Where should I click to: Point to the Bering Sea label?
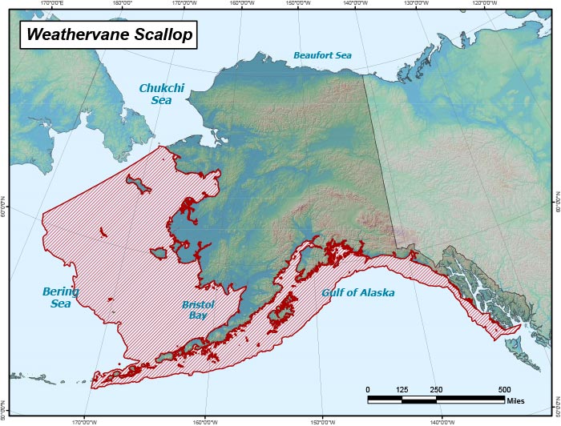click(x=61, y=298)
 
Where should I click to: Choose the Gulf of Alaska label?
click(x=358, y=292)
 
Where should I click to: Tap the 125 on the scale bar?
click(x=402, y=389)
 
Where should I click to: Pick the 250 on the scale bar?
click(x=436, y=389)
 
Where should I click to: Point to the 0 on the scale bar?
click(x=368, y=389)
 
